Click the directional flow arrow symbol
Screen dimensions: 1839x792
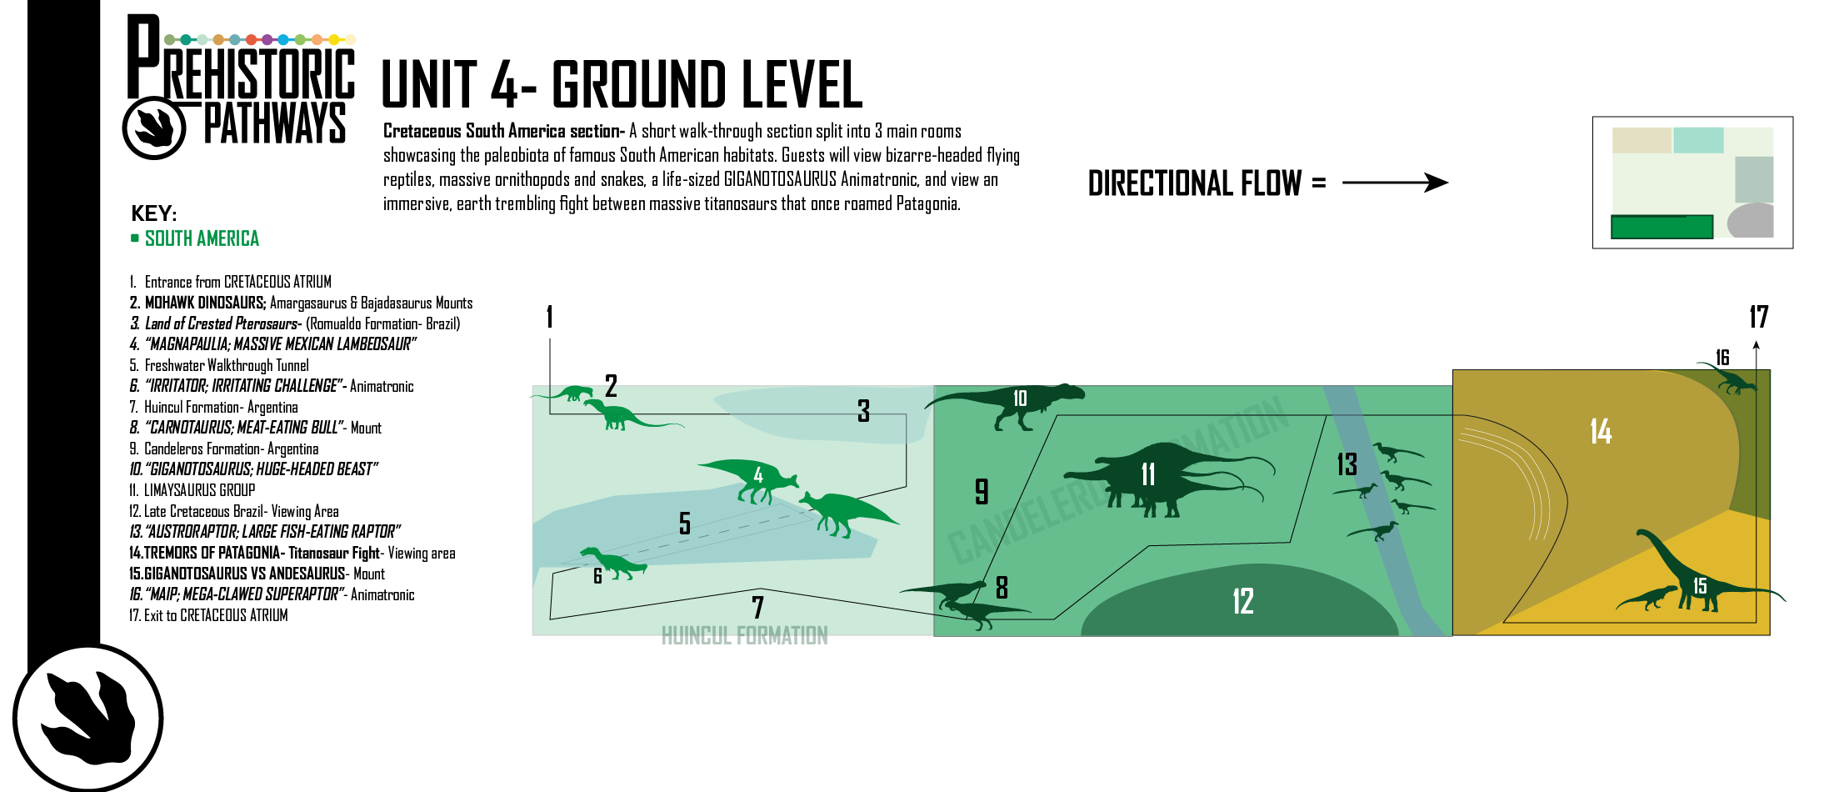coord(1395,183)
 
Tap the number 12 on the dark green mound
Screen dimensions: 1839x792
coord(1242,601)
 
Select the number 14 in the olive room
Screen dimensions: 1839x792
coord(1601,431)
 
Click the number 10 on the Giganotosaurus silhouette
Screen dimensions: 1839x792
coord(1020,399)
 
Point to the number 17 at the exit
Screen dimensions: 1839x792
coord(1758,317)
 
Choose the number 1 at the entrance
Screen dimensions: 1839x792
coord(550,317)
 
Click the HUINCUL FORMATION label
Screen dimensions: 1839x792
coord(744,636)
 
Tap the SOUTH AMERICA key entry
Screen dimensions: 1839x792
coord(202,239)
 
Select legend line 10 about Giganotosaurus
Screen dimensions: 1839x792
coord(253,469)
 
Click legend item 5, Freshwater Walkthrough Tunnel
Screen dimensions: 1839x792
coord(218,365)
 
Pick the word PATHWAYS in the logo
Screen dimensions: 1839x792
coord(275,123)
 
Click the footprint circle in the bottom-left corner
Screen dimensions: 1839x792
coord(88,718)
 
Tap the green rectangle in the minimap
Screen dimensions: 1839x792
coord(1662,227)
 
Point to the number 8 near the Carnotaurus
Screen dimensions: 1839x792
coord(1002,587)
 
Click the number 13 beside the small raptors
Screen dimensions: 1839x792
coord(1347,464)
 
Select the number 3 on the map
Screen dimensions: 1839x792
coord(863,410)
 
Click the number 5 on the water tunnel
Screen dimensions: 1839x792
coord(685,523)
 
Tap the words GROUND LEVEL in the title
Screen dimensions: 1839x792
coord(707,84)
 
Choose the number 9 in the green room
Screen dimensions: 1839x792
coord(982,491)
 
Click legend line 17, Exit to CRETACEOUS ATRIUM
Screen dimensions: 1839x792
coord(208,615)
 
